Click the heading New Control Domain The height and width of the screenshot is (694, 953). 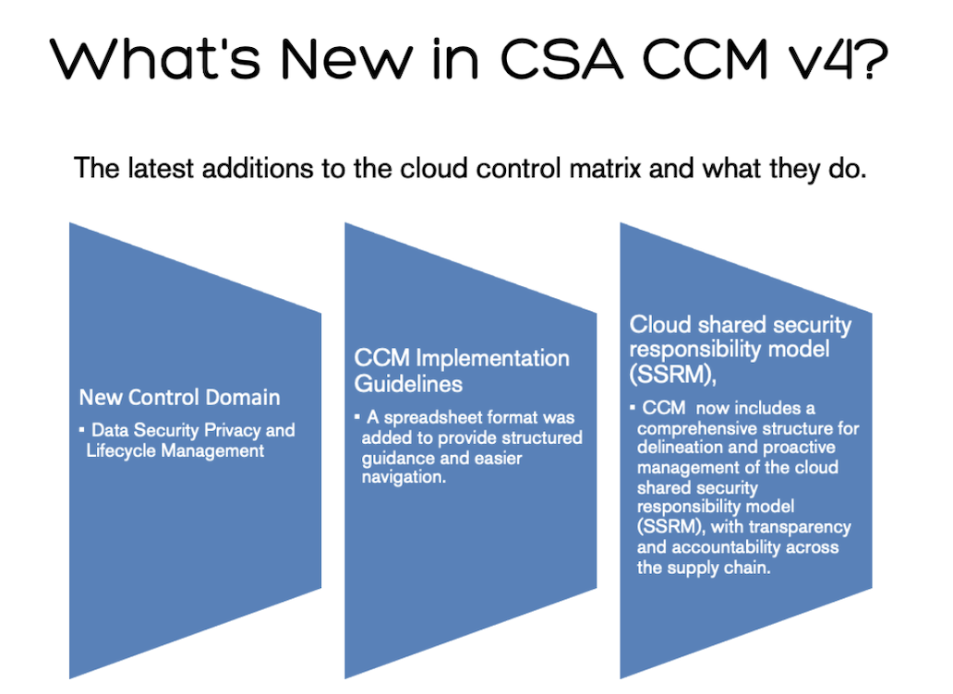click(179, 397)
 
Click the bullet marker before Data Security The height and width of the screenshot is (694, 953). click(82, 430)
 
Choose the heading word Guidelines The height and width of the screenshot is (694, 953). click(408, 382)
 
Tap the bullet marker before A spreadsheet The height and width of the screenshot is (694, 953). click(358, 418)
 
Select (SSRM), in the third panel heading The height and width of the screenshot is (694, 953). click(670, 374)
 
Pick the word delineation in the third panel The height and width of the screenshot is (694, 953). click(681, 449)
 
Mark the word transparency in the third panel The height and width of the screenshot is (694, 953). click(799, 527)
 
